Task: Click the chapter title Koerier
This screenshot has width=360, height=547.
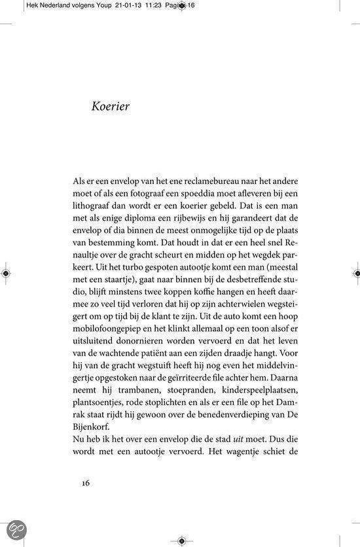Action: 111,106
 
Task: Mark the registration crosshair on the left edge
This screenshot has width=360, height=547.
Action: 6,272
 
